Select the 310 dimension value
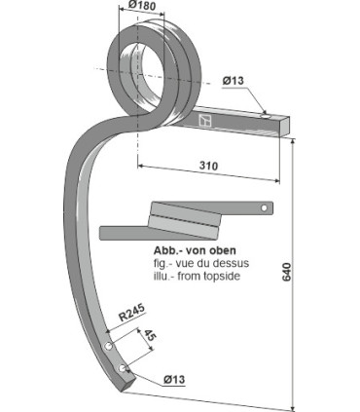click(208, 166)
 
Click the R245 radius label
click(131, 315)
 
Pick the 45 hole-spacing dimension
click(150, 336)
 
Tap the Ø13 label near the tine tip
click(175, 378)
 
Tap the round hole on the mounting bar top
click(264, 116)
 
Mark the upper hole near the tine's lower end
click(106, 347)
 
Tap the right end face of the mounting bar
click(285, 125)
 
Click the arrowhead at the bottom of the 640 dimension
click(293, 406)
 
